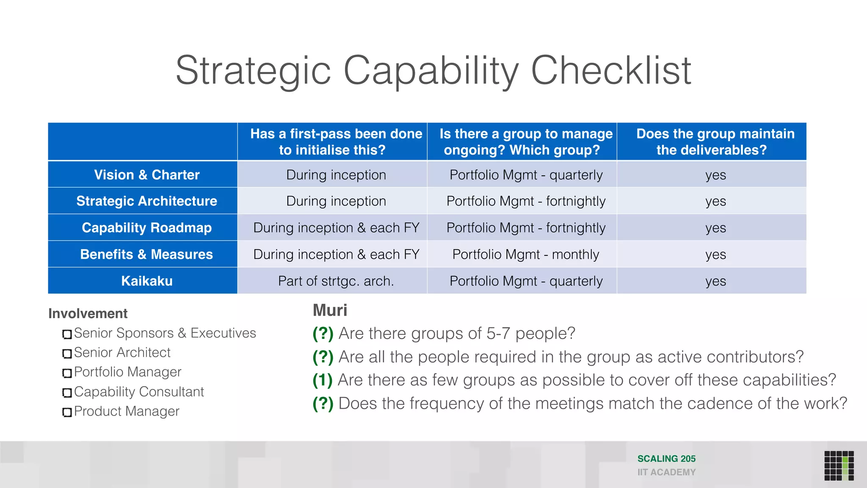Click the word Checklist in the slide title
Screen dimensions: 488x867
(610, 70)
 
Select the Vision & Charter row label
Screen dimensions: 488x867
(146, 175)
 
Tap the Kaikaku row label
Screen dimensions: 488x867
(146, 281)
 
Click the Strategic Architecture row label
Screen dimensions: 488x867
(146, 201)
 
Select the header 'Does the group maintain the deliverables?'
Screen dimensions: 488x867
(715, 141)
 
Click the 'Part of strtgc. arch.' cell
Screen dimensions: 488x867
(336, 281)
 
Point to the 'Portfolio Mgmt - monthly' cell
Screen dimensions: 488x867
(525, 254)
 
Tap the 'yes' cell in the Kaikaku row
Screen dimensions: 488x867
(715, 281)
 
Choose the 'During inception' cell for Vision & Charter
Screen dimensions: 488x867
(336, 175)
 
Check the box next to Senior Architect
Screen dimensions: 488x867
(67, 353)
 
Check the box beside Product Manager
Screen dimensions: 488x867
(67, 412)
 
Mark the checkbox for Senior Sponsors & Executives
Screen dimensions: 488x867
(67, 334)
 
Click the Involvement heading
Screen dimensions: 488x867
(88, 313)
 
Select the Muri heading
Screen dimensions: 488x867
(330, 310)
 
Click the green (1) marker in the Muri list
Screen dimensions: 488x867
(322, 380)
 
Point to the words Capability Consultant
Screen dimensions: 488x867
(139, 391)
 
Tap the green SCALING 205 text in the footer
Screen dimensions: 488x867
(666, 459)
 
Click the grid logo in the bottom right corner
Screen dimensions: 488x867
(839, 466)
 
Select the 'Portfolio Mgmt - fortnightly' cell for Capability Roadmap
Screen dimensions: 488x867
(525, 227)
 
